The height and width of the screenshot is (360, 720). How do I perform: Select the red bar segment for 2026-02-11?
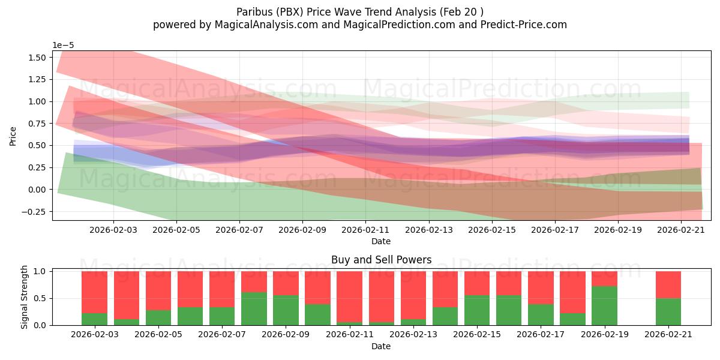pos(349,296)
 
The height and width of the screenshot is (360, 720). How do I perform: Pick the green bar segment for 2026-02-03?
pos(94,319)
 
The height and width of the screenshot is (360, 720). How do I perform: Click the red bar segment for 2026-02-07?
pos(222,289)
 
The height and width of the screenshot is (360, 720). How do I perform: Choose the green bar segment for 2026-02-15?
pos(477,310)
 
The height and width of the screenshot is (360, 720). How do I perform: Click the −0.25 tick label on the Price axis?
pos(35,212)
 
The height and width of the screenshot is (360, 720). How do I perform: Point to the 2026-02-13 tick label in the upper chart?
pos(428,230)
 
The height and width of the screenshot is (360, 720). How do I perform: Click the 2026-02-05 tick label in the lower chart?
pos(158,335)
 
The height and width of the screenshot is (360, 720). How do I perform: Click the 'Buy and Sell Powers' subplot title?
pos(381,260)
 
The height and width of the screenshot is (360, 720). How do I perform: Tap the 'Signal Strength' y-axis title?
pos(25,298)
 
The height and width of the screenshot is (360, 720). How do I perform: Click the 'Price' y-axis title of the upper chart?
pos(13,136)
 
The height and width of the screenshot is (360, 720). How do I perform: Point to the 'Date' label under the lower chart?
pos(381,346)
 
